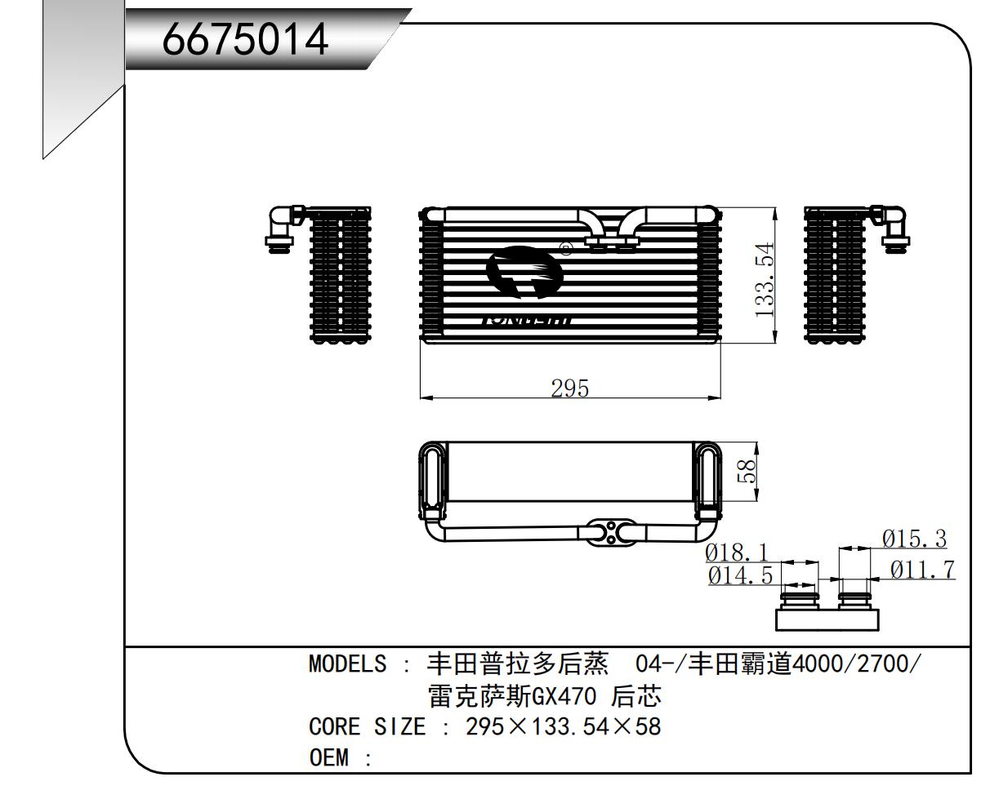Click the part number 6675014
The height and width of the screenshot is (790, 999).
(246, 38)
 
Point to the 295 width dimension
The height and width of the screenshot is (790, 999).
(569, 388)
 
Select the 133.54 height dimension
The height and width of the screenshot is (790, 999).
(765, 280)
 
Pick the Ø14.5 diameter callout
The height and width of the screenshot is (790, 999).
(740, 575)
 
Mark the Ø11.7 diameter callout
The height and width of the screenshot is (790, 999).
(922, 570)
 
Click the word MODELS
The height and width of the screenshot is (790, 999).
(347, 664)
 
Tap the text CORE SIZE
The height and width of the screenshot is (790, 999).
(368, 726)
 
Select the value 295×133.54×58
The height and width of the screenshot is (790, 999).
(563, 726)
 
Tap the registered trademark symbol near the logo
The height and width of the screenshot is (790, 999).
(565, 248)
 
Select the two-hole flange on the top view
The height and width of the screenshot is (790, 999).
(611, 533)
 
